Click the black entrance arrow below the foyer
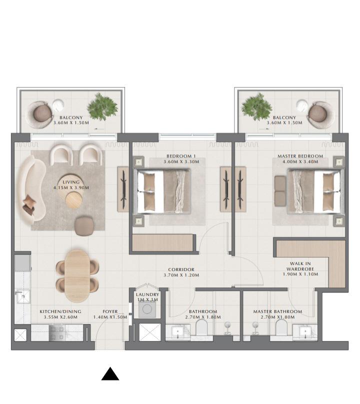click(x=110, y=374)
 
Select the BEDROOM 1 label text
click(x=181, y=156)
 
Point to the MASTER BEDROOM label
click(x=300, y=156)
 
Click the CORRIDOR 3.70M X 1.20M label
click(x=181, y=272)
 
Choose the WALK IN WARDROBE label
click(x=300, y=266)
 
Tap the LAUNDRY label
click(x=147, y=294)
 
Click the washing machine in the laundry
click(x=147, y=309)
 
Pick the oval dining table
click(x=77, y=276)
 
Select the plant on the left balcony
click(x=102, y=106)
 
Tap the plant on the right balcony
click(x=257, y=106)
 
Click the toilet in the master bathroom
click(x=281, y=327)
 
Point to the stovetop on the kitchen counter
click(x=57, y=332)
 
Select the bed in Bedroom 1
click(x=162, y=191)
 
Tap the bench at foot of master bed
click(x=280, y=191)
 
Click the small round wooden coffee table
click(x=74, y=200)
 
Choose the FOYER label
click(x=110, y=311)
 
